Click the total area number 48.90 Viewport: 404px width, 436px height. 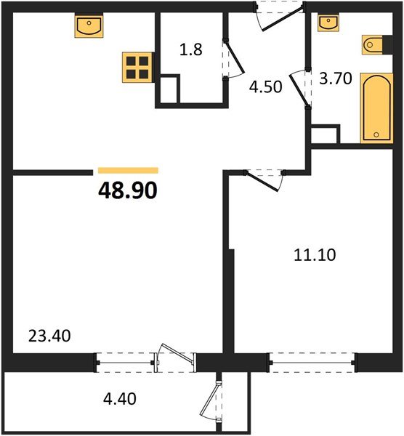pos(127,190)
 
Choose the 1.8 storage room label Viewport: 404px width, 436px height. pos(190,51)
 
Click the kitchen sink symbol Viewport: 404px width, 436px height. pos(91,26)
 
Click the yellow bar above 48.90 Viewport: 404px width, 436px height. pos(127,171)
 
